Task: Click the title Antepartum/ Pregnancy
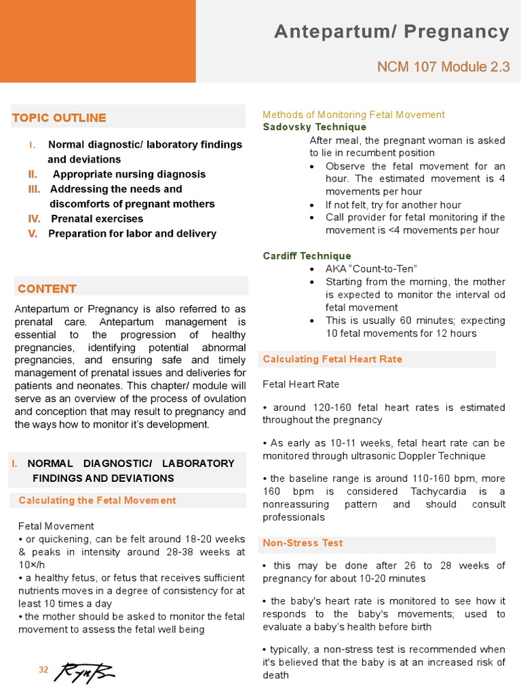pyautogui.click(x=391, y=32)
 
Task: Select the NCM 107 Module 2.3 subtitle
pyautogui.click(x=443, y=66)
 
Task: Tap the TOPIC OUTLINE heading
pyautogui.click(x=59, y=118)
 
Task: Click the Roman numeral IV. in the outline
pyautogui.click(x=34, y=219)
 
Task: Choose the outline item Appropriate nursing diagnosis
pyautogui.click(x=129, y=174)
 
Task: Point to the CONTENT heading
pyautogui.click(x=47, y=289)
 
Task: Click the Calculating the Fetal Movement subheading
pyautogui.click(x=97, y=500)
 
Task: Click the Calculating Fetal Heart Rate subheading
pyautogui.click(x=332, y=359)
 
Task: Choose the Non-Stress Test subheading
pyautogui.click(x=303, y=543)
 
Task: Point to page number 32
pyautogui.click(x=43, y=670)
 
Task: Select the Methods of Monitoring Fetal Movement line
pyautogui.click(x=353, y=115)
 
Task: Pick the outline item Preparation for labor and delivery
pyautogui.click(x=132, y=234)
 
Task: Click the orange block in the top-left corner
pyautogui.click(x=98, y=41)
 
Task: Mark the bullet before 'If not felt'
pyautogui.click(x=311, y=205)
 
